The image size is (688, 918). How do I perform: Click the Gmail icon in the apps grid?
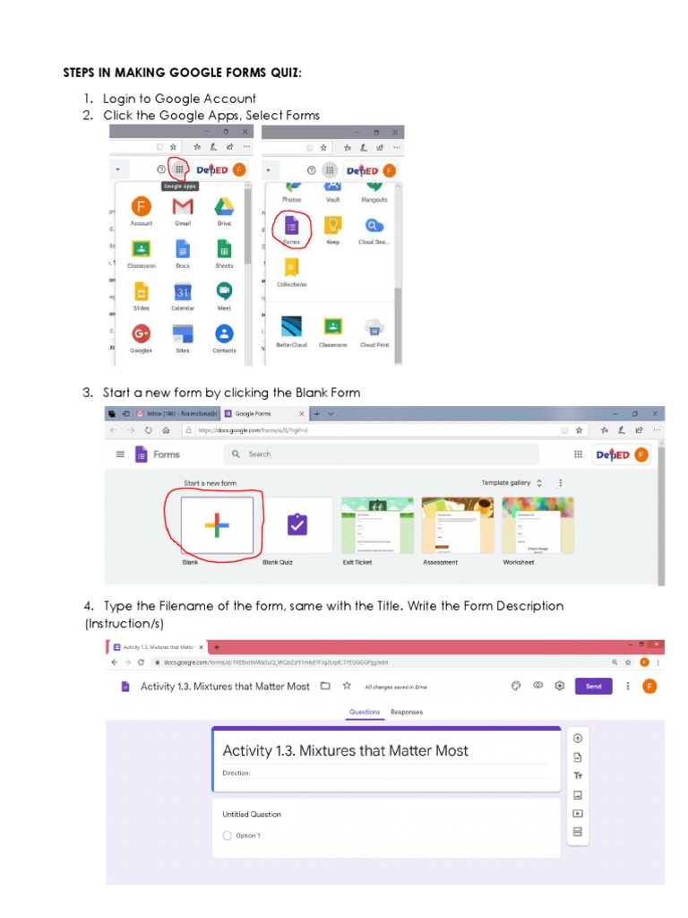183,207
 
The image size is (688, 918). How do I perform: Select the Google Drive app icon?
224,207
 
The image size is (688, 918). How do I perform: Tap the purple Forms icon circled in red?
290,225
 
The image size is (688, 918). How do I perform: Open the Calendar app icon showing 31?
183,292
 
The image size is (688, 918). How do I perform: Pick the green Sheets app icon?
224,250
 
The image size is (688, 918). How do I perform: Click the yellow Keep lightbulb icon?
332,225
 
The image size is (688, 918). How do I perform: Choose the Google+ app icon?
141,334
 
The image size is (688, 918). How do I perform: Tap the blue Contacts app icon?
224,334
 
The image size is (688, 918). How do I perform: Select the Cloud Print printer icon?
374,327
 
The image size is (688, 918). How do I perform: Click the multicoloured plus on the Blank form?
217,525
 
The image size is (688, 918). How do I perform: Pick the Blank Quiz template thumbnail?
297,525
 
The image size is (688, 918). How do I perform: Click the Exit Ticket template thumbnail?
377,525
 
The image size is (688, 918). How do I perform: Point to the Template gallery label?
506,482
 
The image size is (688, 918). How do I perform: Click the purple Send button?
593,686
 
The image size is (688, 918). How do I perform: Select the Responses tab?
407,712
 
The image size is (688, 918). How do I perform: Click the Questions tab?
365,712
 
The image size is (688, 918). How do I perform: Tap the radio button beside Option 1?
227,836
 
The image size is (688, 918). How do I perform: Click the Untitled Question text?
252,814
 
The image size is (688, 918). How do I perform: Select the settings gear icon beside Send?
559,686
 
